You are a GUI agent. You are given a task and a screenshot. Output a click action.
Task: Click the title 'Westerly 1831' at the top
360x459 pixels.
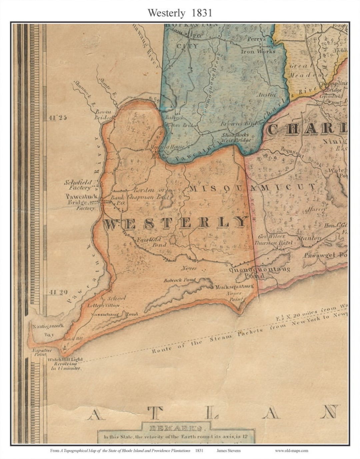180,13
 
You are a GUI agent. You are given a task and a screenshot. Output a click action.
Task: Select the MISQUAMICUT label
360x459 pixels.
252,188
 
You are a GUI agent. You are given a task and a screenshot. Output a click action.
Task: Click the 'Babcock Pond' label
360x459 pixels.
179,280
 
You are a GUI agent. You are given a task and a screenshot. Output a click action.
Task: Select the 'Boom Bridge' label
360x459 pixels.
103,114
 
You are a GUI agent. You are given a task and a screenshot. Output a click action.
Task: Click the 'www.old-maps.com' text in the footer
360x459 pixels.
291,451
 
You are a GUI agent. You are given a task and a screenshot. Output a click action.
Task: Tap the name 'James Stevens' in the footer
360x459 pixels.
228,451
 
